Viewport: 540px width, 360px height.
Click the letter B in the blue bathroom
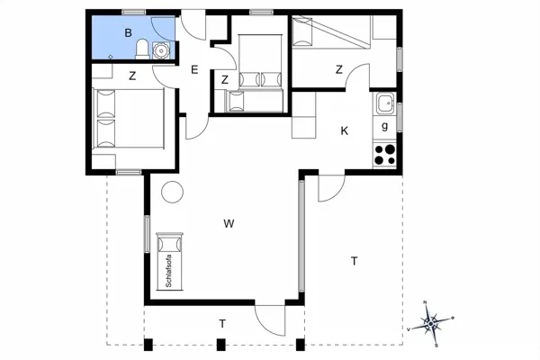pos(129,33)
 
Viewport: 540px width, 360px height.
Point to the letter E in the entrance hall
pos(193,70)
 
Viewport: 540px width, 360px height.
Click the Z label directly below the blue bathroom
pos(131,76)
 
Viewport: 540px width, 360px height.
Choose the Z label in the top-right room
pos(339,70)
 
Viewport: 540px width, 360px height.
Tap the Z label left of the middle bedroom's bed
pos(225,81)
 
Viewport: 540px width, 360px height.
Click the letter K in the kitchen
pos(344,130)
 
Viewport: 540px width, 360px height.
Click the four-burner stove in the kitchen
pos(385,153)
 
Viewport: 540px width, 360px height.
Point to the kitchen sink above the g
pos(384,102)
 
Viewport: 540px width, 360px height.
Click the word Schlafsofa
pos(168,271)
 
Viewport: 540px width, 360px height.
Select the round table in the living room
pos(171,192)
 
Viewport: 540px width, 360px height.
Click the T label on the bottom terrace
pos(222,323)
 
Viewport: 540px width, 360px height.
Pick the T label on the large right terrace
pos(354,261)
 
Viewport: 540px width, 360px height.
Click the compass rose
pos(431,321)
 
